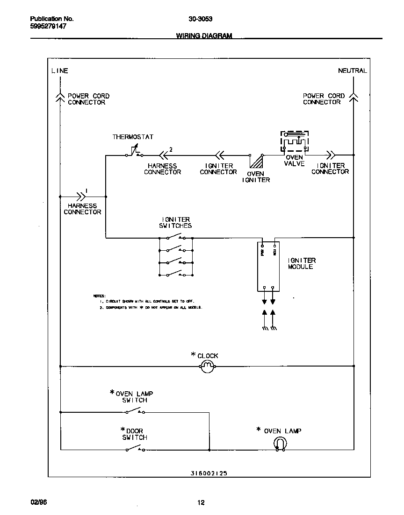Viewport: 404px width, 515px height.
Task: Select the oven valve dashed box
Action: click(x=295, y=141)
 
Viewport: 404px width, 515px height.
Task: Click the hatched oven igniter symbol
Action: click(x=256, y=161)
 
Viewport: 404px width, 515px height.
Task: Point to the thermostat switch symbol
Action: click(x=134, y=153)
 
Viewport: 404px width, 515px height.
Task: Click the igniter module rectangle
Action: click(x=269, y=266)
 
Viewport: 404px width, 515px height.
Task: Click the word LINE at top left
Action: click(x=59, y=71)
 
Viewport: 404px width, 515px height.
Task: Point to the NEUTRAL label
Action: click(x=352, y=71)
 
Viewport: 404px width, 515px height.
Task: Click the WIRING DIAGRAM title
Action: click(x=204, y=36)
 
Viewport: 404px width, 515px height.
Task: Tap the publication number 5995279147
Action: click(x=48, y=27)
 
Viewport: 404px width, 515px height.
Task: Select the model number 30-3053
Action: click(x=201, y=19)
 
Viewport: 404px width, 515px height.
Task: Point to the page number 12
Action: click(x=201, y=503)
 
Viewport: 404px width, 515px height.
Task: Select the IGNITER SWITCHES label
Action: click(x=176, y=223)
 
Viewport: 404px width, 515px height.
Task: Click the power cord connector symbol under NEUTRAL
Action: click(x=353, y=97)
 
